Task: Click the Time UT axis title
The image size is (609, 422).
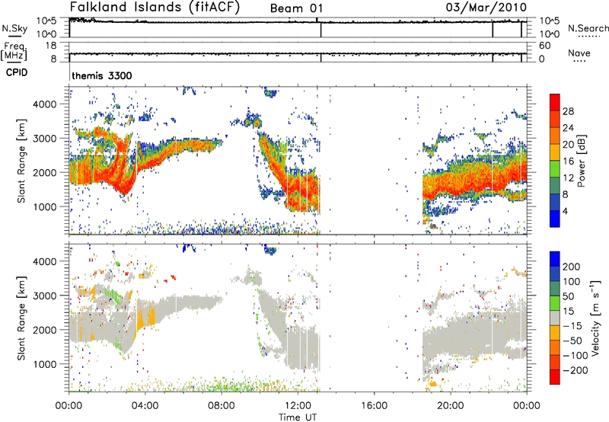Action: [x=298, y=416]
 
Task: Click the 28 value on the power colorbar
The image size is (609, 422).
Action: [x=569, y=110]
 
